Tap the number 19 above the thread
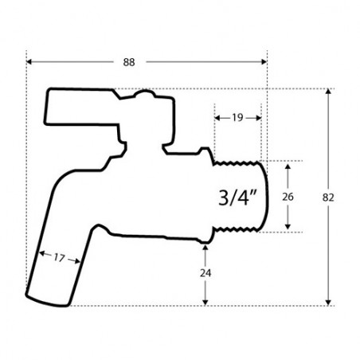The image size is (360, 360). point(237,116)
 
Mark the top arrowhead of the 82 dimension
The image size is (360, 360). point(329,92)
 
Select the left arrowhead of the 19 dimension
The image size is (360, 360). point(217,116)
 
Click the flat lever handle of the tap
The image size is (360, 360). point(80,112)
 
